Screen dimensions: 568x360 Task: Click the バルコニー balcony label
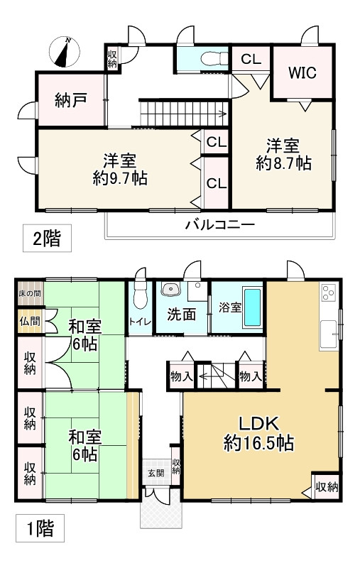pyautogui.click(x=219, y=225)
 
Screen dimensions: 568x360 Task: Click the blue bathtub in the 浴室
pyautogui.click(x=252, y=308)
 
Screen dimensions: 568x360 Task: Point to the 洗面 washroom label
pyautogui.click(x=181, y=314)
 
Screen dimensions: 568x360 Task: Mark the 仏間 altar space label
pyautogui.click(x=29, y=322)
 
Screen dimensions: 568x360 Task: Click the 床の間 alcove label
pyautogui.click(x=29, y=293)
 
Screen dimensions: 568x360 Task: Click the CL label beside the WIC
pyautogui.click(x=250, y=60)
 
